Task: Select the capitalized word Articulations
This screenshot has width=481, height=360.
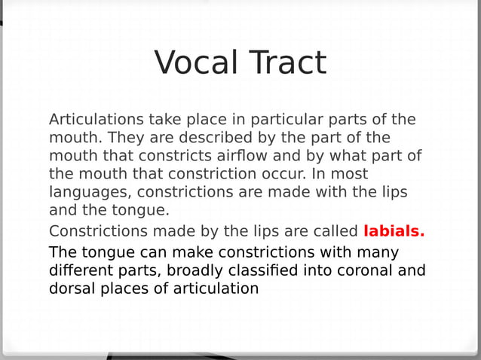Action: point(96,120)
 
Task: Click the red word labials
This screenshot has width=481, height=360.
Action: point(394,231)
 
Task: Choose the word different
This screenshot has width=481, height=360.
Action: point(82,270)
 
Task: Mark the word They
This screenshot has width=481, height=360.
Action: point(126,138)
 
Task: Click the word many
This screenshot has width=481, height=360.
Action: point(377,252)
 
